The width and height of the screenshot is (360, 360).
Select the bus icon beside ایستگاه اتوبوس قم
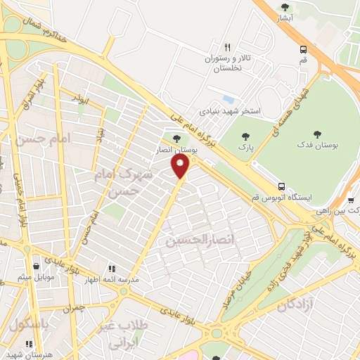point(281,186)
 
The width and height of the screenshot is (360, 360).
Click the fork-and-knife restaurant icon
point(227,46)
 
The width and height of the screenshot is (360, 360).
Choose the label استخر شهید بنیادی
point(231,111)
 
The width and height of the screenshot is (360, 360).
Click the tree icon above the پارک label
point(245,136)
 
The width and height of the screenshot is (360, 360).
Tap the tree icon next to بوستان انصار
point(175,138)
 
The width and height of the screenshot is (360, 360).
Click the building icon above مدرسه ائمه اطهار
point(110,268)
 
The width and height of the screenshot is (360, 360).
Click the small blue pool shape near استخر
point(226,98)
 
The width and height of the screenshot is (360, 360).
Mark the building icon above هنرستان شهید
point(29,344)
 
